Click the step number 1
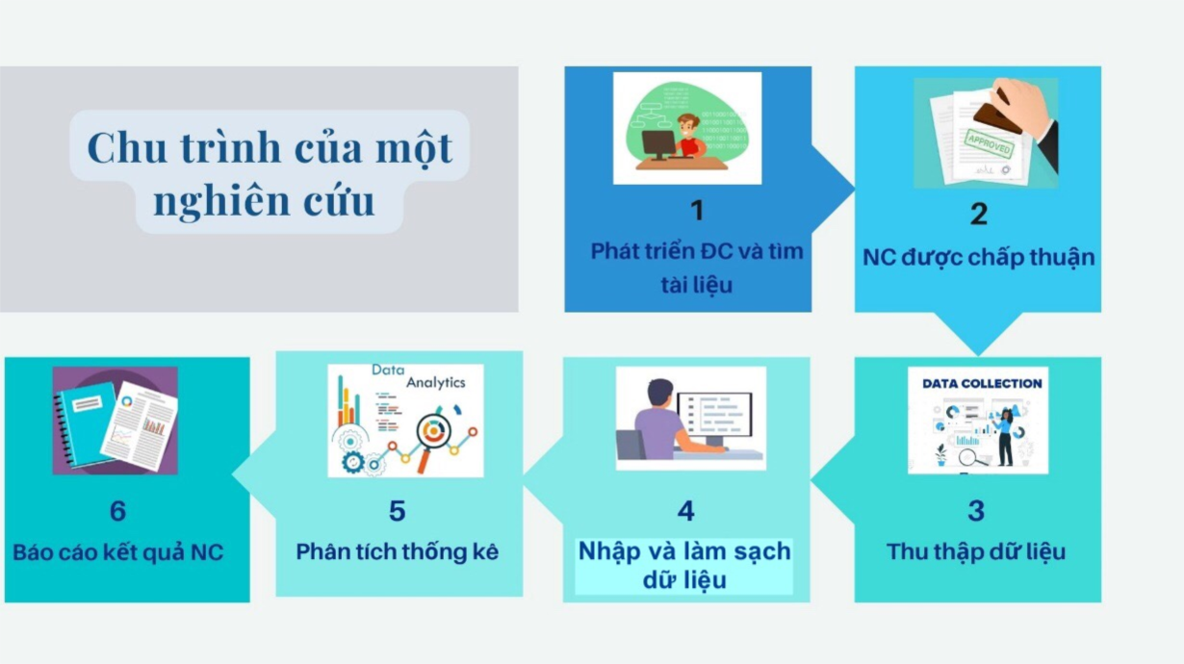[x=697, y=210]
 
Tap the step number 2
[x=978, y=214]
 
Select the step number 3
[x=976, y=510]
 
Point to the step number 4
[x=685, y=510]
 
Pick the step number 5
[x=397, y=510]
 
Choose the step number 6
[x=117, y=510]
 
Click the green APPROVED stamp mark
[x=989, y=142]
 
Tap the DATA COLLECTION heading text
[x=982, y=384]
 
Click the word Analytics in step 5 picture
[x=435, y=382]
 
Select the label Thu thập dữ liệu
[x=976, y=552]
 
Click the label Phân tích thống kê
[x=397, y=552]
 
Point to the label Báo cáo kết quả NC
[x=117, y=552]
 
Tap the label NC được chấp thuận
[x=978, y=258]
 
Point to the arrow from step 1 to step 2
[x=833, y=189]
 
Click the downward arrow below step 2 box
[x=978, y=334]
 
